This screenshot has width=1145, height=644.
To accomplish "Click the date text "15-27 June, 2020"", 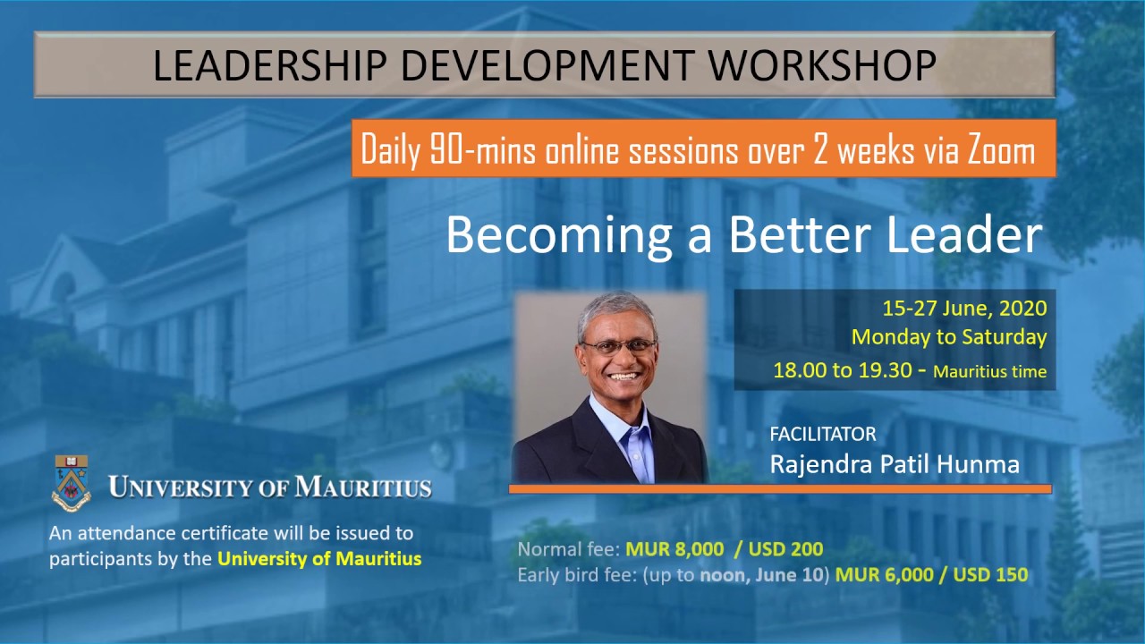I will click(964, 309).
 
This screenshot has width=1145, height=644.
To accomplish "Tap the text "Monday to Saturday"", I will click(949, 337).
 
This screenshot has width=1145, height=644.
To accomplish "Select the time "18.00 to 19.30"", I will click(839, 370).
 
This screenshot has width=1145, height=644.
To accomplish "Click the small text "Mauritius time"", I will click(989, 372).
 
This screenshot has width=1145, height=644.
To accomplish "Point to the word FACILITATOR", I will click(823, 435).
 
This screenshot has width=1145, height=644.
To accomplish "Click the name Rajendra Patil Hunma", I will click(895, 464).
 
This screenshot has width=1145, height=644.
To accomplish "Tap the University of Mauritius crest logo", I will click(71, 482).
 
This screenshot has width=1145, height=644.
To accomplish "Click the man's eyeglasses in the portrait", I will click(618, 346).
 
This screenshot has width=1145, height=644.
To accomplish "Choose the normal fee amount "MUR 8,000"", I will click(662, 549).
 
